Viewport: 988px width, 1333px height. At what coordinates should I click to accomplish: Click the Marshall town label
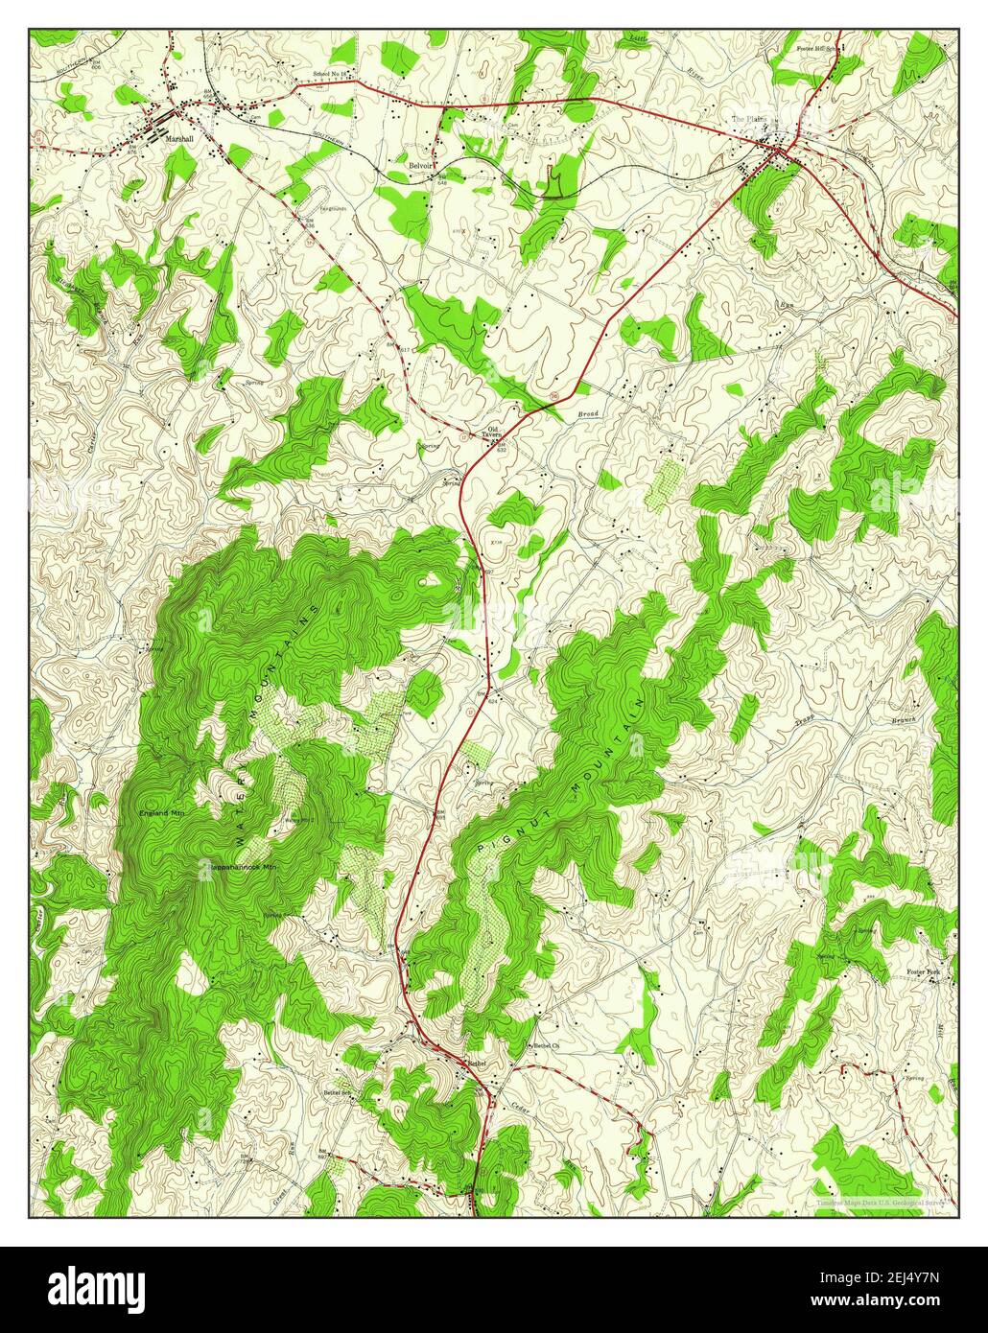point(179,138)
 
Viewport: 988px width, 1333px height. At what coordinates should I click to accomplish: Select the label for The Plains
point(750,119)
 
